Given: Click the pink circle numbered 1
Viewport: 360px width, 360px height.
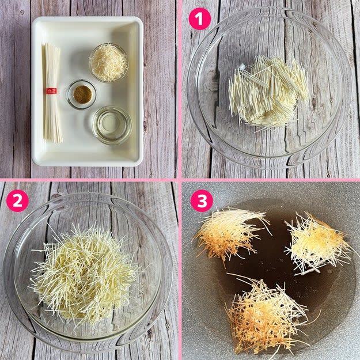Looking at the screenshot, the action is tap(200, 19).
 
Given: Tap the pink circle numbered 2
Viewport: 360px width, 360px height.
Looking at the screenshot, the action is tap(17, 200).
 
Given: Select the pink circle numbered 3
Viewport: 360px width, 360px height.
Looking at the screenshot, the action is tap(202, 200).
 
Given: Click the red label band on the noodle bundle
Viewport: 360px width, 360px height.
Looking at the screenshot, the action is tap(51, 91).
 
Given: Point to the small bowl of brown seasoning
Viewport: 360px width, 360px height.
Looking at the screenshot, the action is tap(82, 94).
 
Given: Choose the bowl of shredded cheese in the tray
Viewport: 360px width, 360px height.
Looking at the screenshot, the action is tap(109, 62).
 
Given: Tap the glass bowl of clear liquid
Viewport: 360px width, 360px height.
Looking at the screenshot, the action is tap(112, 125).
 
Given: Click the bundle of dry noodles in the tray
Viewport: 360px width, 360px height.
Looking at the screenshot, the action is tap(52, 93).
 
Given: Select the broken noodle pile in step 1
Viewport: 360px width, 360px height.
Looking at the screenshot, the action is tap(268, 92).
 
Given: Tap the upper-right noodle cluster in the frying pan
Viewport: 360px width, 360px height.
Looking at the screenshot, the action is tap(318, 244).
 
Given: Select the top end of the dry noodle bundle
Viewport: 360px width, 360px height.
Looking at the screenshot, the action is tap(50, 44).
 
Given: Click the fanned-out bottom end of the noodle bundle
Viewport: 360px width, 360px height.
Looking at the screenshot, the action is tap(53, 138).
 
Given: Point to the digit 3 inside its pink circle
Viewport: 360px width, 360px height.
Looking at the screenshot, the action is tap(202, 200).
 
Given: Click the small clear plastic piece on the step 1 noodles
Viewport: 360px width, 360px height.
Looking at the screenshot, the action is tap(242, 67).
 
